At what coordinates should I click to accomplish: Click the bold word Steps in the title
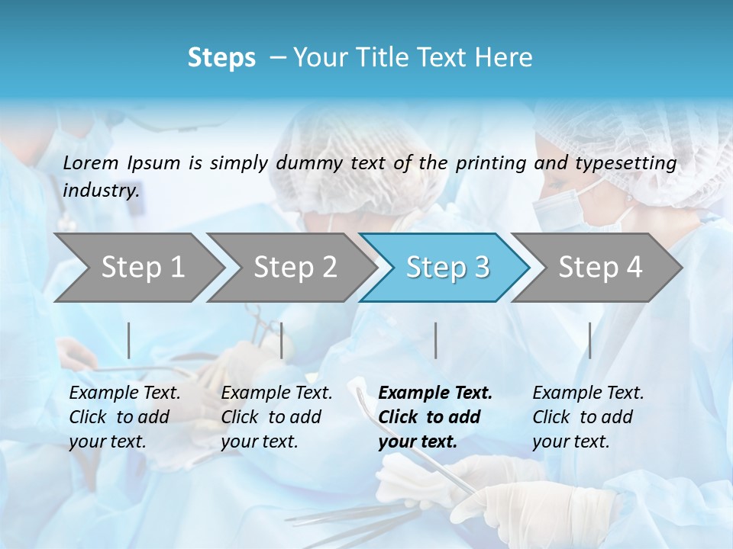pyautogui.click(x=221, y=58)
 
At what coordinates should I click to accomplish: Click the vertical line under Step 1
pyautogui.click(x=129, y=340)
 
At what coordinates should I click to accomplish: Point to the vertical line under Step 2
pyautogui.click(x=282, y=340)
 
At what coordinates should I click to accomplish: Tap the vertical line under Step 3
pyautogui.click(x=435, y=340)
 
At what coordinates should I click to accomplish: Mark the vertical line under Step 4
pyautogui.click(x=589, y=340)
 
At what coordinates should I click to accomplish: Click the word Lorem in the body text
pyautogui.click(x=91, y=162)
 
